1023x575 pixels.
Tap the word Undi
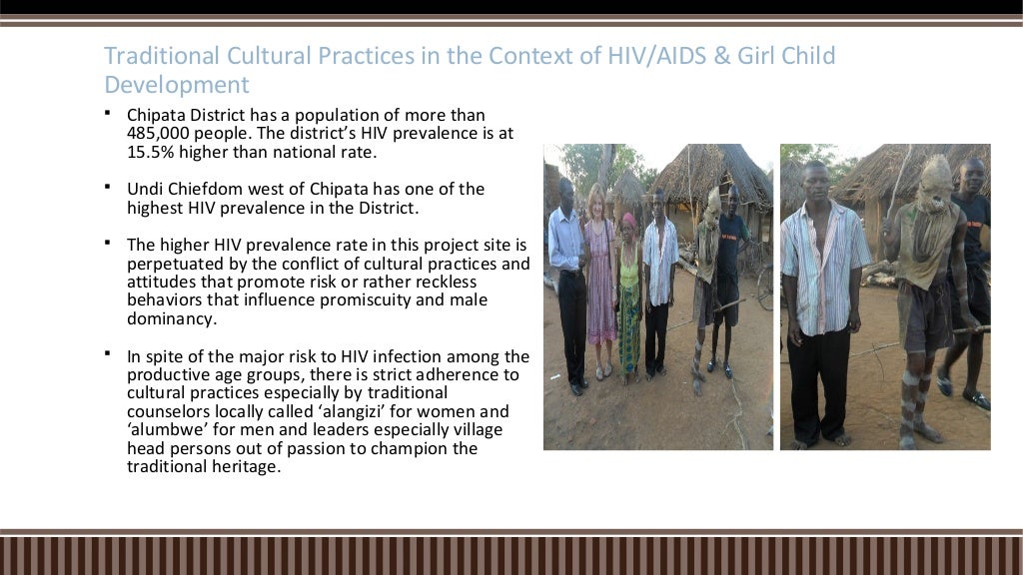pos(145,189)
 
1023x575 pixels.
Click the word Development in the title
pos(177,84)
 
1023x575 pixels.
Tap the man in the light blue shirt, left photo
pos(567,270)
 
